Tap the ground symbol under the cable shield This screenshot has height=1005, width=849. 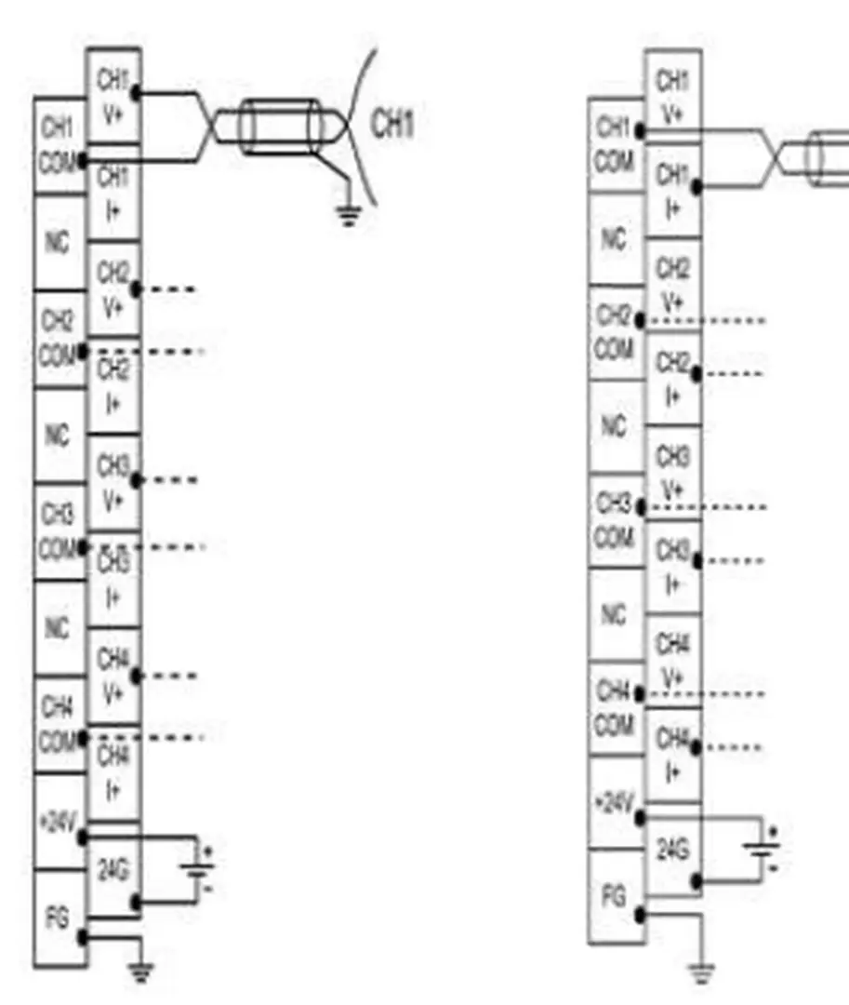tap(348, 216)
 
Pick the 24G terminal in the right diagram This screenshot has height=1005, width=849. tap(673, 851)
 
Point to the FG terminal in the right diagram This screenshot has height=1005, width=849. tap(615, 897)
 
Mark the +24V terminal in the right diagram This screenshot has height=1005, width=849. tap(615, 802)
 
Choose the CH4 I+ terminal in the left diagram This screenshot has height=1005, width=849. tap(113, 772)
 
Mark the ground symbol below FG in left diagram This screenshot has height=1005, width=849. tap(139, 972)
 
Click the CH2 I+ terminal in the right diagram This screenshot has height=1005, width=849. tap(673, 378)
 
